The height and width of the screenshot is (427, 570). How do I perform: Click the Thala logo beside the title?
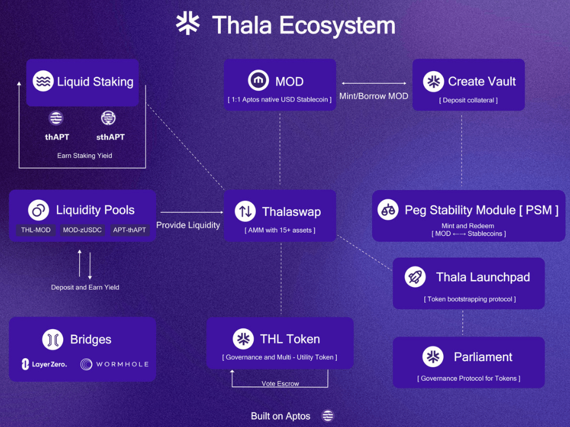pos(188,23)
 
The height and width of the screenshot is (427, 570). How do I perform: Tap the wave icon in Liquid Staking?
pos(43,81)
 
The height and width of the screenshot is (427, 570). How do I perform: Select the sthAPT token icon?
pos(108,118)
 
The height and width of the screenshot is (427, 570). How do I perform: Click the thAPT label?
pos(57,137)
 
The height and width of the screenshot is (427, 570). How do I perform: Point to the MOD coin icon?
pos(258,80)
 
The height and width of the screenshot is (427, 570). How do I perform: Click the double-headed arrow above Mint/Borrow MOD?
pos(374,83)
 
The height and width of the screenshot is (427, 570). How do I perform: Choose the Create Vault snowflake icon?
pos(433,81)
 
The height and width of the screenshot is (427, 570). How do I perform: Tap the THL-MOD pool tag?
pos(36,230)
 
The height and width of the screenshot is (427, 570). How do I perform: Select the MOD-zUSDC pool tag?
pos(82,230)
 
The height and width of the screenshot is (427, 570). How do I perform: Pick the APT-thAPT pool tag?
pos(129,230)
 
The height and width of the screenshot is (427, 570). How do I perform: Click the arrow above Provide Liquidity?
pos(192,212)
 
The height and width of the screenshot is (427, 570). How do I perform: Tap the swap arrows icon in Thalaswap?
pos(245,211)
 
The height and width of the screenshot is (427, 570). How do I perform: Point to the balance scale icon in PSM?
pos(388,210)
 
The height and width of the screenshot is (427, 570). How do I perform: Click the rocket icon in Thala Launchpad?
pos(415,277)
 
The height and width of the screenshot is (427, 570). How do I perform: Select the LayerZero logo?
pos(44,364)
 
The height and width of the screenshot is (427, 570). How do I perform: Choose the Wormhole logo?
pos(114,364)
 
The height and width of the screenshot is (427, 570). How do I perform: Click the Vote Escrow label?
pos(280,383)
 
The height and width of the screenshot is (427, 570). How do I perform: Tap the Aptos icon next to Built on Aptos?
pos(328,416)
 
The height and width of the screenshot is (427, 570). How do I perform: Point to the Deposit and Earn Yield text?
pos(85,288)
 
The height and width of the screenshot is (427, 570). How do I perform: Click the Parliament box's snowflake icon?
pos(433,356)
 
